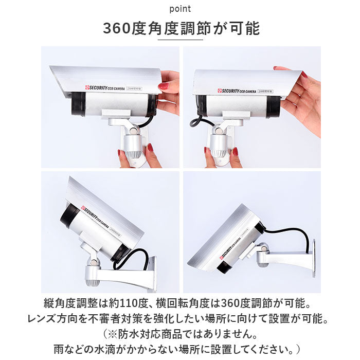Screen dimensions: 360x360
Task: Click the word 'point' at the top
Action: pos(180,9)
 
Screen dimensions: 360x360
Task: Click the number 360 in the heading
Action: pos(117,28)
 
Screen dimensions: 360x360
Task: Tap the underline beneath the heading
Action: pos(180,40)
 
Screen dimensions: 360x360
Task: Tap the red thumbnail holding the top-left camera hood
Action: pos(163,86)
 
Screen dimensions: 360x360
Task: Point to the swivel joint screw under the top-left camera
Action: pos(133,131)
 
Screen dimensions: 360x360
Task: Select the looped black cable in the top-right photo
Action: pos(200,122)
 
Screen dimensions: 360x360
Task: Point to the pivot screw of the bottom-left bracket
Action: pos(93,262)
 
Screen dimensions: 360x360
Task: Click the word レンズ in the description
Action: pos(42,319)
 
